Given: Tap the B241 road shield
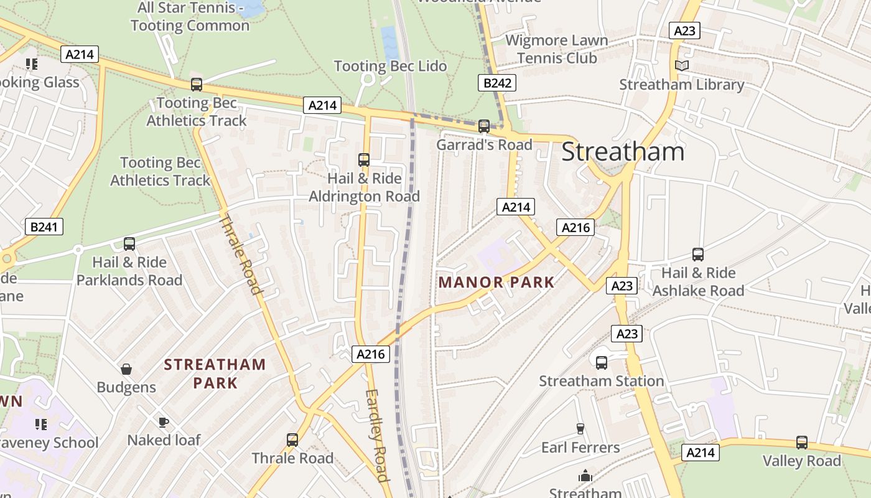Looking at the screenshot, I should (x=44, y=227).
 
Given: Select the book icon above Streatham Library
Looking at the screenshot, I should (x=682, y=65).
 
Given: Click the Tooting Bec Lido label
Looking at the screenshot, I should (x=390, y=66).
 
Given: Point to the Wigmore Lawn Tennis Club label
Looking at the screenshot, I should (x=557, y=49).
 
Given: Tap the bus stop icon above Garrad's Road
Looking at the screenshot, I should (x=484, y=126).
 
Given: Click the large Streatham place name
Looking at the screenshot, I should (x=623, y=152).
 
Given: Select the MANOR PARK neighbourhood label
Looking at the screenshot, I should (x=496, y=282).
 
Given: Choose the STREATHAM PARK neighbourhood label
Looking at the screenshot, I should (x=215, y=374).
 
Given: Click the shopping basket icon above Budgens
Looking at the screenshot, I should (x=126, y=369).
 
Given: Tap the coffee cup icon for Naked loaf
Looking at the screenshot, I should (x=164, y=422).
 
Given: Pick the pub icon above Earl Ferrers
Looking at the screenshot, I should (x=580, y=428).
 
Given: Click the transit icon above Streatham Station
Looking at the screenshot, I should (x=601, y=362).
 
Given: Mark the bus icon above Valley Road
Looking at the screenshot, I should (x=802, y=443).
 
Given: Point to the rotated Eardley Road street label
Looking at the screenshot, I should (x=377, y=435).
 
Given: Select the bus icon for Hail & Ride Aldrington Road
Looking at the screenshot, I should (x=364, y=160).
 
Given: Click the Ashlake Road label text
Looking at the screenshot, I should (x=698, y=291).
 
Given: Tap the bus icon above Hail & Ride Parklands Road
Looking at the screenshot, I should (x=129, y=244).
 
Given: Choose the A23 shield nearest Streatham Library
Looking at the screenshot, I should (x=684, y=31).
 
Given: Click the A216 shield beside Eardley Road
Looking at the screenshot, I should (x=371, y=354).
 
